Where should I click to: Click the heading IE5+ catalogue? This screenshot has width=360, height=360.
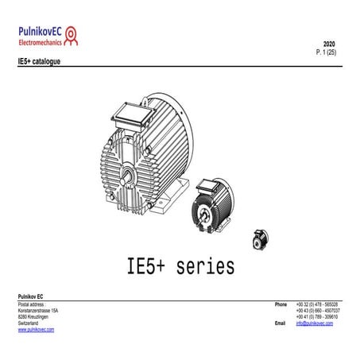38,60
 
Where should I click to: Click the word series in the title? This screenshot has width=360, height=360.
202,265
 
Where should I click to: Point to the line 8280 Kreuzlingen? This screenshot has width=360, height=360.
34,317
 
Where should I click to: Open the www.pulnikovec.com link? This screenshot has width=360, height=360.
36,330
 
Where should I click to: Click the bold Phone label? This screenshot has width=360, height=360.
281,304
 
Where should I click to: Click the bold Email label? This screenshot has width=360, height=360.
280,323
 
